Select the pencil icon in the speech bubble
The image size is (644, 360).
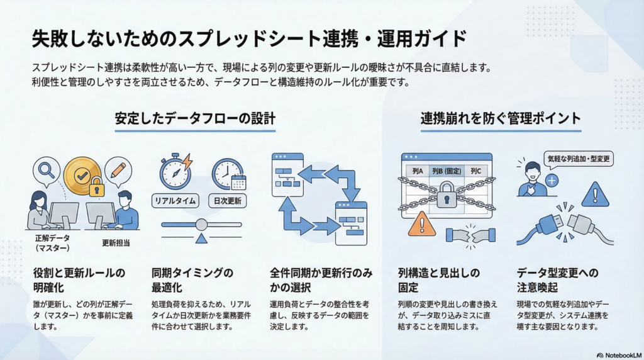click(x=118, y=169)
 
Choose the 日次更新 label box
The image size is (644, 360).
click(x=227, y=201)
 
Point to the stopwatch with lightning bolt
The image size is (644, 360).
click(x=175, y=171)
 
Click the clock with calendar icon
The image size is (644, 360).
click(x=227, y=172)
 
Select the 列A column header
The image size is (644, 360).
click(x=418, y=171)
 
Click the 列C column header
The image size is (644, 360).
click(x=475, y=171)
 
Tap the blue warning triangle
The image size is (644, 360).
click(x=594, y=195)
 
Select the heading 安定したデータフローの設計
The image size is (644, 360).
click(x=195, y=118)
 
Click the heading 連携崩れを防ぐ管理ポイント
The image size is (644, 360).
click(x=501, y=118)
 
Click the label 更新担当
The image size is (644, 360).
click(x=115, y=242)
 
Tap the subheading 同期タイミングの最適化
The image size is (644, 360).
click(x=192, y=279)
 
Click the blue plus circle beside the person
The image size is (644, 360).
click(x=552, y=181)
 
